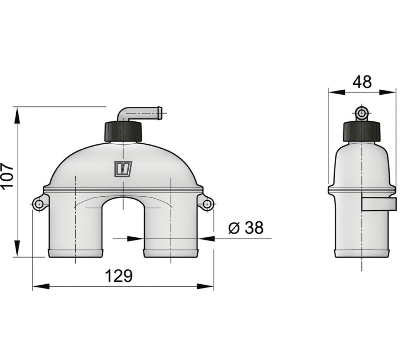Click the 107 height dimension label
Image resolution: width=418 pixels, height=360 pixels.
click(x=7, y=176)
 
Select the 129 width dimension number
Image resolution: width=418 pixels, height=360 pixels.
click(x=119, y=276)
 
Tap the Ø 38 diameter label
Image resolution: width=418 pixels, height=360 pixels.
click(x=246, y=228)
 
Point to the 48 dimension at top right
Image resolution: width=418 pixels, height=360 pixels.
click(x=362, y=82)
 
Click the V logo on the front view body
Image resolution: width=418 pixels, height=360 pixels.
click(x=123, y=169)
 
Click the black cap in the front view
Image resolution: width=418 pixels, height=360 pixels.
click(x=123, y=131)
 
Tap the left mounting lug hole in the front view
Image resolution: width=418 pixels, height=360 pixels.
click(x=39, y=205)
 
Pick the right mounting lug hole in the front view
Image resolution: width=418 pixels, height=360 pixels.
click(x=207, y=205)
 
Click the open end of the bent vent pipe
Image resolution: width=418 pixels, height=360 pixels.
click(x=160, y=113)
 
